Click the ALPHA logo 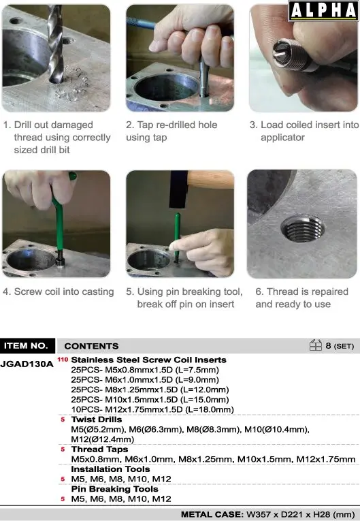(323, 11)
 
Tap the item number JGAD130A (27, 364)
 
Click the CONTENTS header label (91, 346)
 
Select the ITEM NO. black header (27, 346)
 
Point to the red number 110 (63, 360)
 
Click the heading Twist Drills (97, 420)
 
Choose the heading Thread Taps (99, 449)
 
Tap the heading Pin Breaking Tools (114, 489)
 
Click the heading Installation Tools (110, 469)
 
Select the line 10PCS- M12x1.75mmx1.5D (152, 410)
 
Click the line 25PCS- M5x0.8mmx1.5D (145, 370)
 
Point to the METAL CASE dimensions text (267, 515)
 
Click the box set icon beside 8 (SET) (315, 345)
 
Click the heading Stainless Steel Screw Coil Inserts (149, 360)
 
